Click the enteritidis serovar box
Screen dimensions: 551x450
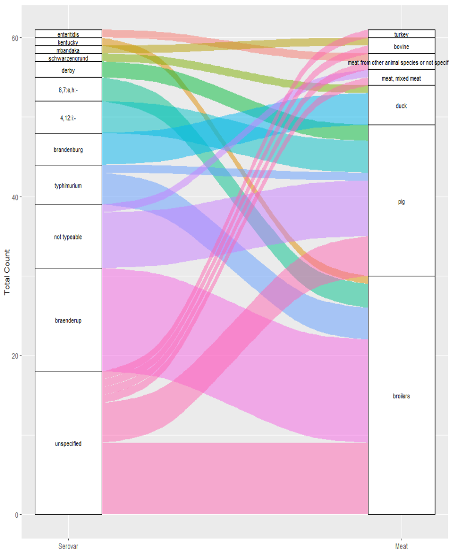68,34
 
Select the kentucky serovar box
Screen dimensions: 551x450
68,42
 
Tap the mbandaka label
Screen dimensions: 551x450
68,50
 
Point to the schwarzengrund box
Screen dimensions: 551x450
68,58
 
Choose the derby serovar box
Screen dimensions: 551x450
68,70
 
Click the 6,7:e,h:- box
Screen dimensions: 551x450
68,90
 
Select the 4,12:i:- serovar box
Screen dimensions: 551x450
68,117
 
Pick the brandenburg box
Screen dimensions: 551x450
68,149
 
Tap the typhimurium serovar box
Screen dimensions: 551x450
68,185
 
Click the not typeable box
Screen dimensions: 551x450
68,237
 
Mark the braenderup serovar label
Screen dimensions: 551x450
68,320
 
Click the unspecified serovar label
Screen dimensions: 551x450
68,443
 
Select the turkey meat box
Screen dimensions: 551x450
401,34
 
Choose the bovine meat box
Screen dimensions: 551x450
401,46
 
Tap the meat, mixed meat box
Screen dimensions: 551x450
401,78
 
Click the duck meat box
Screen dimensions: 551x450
401,106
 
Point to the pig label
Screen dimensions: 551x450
401,202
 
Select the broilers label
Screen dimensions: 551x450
401,396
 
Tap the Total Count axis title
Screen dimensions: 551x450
7,272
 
